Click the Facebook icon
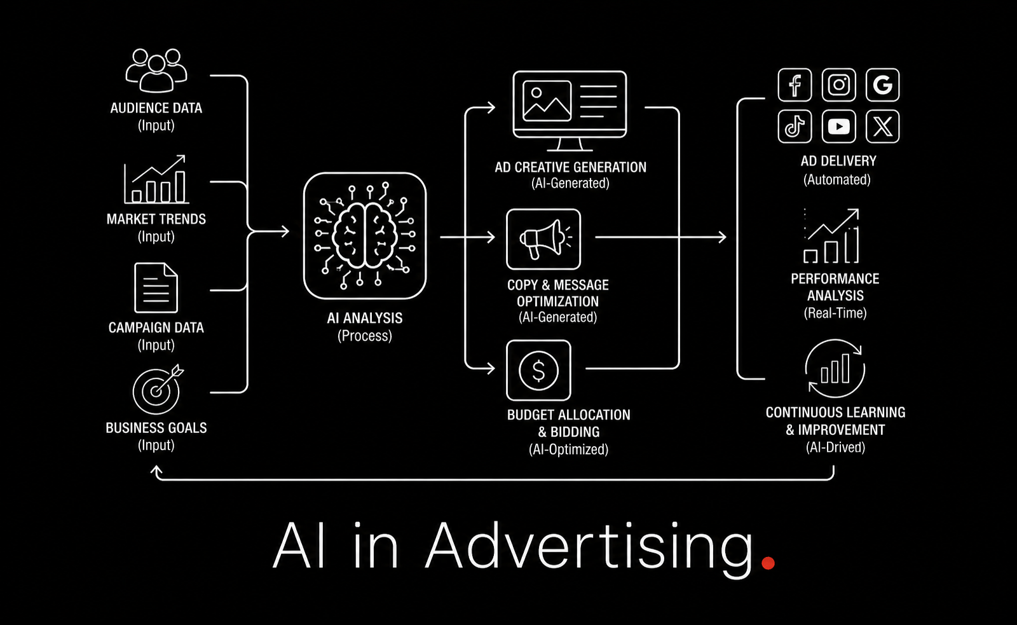click(795, 85)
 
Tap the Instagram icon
click(838, 85)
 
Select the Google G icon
click(883, 85)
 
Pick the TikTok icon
click(795, 127)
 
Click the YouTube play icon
click(838, 127)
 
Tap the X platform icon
click(883, 127)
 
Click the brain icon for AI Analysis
click(365, 236)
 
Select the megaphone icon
click(543, 239)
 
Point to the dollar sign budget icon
click(538, 370)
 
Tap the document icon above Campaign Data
click(156, 287)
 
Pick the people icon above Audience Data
click(156, 71)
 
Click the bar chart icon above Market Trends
click(156, 179)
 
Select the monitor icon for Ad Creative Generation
click(570, 111)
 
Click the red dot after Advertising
click(768, 563)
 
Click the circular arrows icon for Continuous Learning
click(835, 369)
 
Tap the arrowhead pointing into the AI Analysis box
click(285, 231)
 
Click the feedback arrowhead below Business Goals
click(156, 470)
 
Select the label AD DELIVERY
click(838, 161)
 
